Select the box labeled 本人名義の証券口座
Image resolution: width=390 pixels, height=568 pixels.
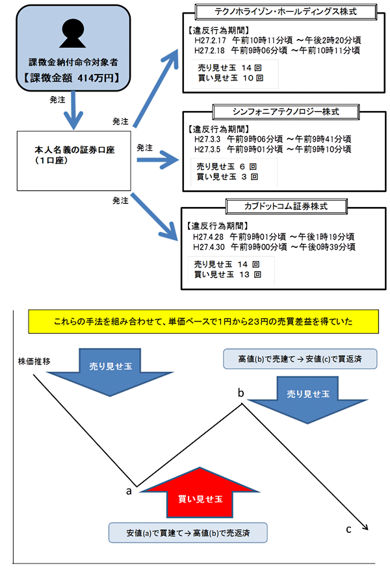point(74,154)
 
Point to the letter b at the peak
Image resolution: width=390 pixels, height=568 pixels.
point(241,392)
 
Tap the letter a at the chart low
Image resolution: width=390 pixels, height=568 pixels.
point(129,490)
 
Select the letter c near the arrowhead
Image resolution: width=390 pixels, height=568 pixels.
point(348,529)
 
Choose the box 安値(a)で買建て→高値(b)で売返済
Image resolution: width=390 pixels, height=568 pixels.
point(188,533)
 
